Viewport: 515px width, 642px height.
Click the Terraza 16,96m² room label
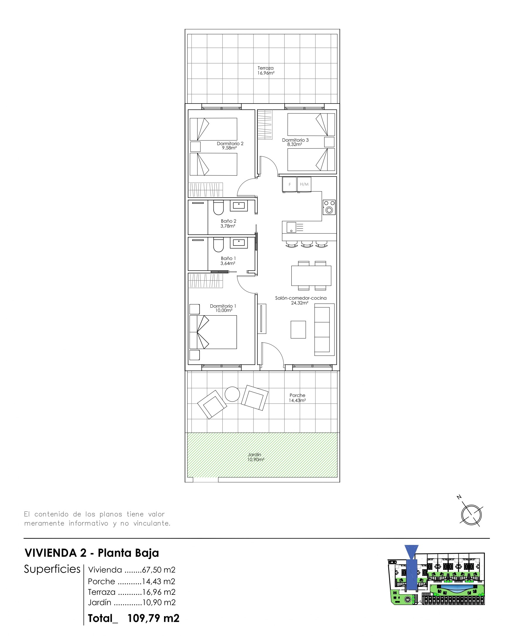pyautogui.click(x=266, y=71)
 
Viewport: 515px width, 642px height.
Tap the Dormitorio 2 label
pyautogui.click(x=230, y=143)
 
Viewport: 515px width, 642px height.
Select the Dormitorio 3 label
pyautogui.click(x=295, y=140)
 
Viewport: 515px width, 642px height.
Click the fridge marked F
pyautogui.click(x=290, y=184)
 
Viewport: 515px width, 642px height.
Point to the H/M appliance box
pyautogui.click(x=304, y=184)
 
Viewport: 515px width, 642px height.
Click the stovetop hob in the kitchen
pyautogui.click(x=329, y=207)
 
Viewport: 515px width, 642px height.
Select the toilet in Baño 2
pyautogui.click(x=218, y=208)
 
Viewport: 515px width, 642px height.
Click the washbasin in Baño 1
pyautogui.click(x=239, y=243)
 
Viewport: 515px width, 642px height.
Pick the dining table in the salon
pyautogui.click(x=311, y=276)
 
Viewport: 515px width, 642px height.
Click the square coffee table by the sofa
pyautogui.click(x=298, y=329)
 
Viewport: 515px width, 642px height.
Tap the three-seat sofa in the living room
pyautogui.click(x=324, y=329)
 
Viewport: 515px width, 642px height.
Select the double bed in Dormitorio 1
pyautogui.click(x=213, y=332)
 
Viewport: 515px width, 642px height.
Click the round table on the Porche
pyautogui.click(x=232, y=394)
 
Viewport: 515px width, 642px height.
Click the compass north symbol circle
pyautogui.click(x=472, y=515)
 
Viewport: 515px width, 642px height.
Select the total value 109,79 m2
pyautogui.click(x=153, y=619)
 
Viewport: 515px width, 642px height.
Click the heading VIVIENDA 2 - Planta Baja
pyautogui.click(x=92, y=553)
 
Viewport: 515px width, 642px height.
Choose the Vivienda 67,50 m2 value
pyautogui.click(x=159, y=570)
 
